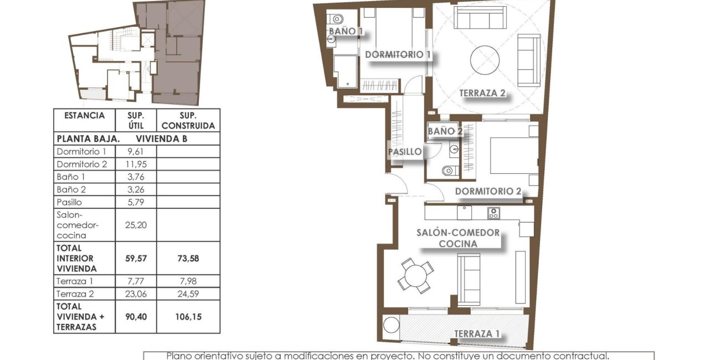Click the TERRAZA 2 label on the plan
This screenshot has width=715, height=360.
pyautogui.click(x=482, y=93)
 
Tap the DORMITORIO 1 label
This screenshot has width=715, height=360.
pyautogui.click(x=398, y=55)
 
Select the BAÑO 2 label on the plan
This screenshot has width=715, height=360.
pyautogui.click(x=445, y=131)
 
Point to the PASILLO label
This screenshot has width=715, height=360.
pyautogui.click(x=405, y=151)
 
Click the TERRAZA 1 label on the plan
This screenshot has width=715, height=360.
pyautogui.click(x=477, y=333)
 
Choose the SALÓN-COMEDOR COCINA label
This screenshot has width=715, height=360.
pyautogui.click(x=458, y=238)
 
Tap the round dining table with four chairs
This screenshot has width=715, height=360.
pyautogui.click(x=415, y=275)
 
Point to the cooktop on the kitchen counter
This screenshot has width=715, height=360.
pyautogui.click(x=493, y=213)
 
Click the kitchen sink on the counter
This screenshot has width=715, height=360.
pyautogui.click(x=464, y=212)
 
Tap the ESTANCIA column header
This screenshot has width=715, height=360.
pyautogui.click(x=84, y=116)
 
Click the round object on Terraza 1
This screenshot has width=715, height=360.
pyautogui.click(x=391, y=325)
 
